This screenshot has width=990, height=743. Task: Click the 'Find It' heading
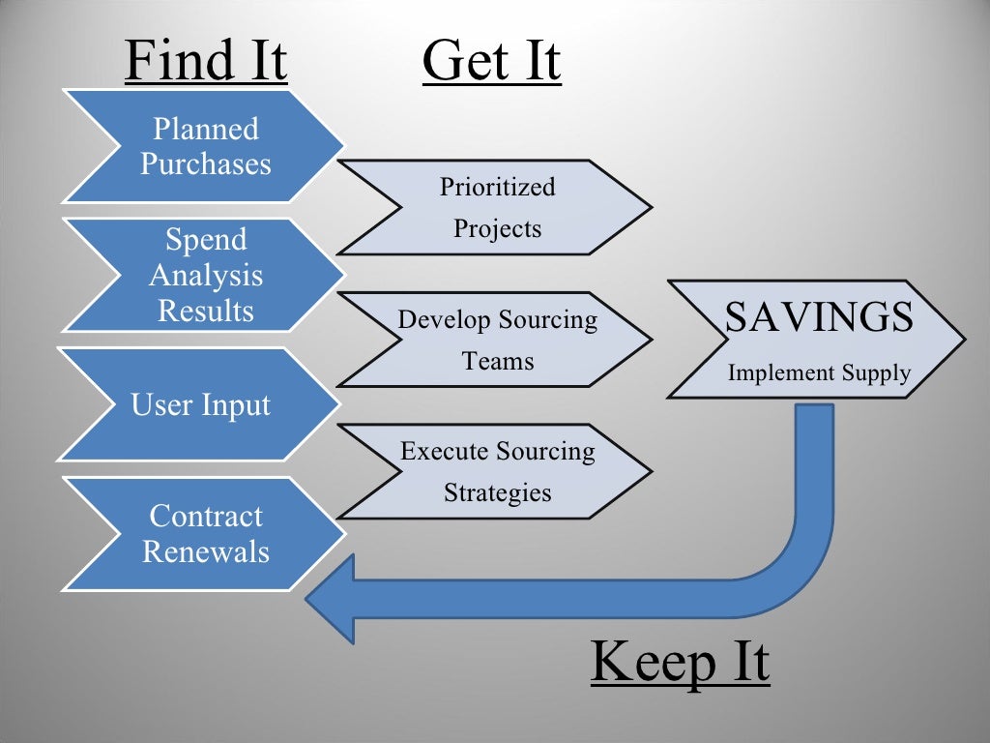pyautogui.click(x=206, y=60)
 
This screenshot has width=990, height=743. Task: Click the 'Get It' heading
pyautogui.click(x=491, y=60)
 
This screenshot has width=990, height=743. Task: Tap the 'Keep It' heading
pyautogui.click(x=680, y=662)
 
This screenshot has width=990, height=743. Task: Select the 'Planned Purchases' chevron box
pyautogui.click(x=205, y=146)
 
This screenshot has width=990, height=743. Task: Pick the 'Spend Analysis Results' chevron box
pyautogui.click(x=205, y=276)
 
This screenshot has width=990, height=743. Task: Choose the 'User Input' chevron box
pyautogui.click(x=201, y=404)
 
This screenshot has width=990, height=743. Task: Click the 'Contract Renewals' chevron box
pyautogui.click(x=205, y=534)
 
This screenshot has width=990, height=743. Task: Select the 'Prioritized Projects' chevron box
pyautogui.click(x=497, y=207)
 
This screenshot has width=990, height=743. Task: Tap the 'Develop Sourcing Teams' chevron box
pyautogui.click(x=497, y=340)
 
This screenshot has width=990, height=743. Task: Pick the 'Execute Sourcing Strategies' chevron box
pyautogui.click(x=497, y=471)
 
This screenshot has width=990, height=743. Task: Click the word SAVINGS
pyautogui.click(x=819, y=317)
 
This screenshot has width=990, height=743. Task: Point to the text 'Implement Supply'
pyautogui.click(x=819, y=372)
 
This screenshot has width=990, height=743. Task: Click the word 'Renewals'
pyautogui.click(x=206, y=551)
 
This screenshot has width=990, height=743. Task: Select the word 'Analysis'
pyautogui.click(x=206, y=276)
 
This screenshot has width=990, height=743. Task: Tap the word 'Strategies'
pyautogui.click(x=498, y=492)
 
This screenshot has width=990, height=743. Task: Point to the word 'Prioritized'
pyautogui.click(x=498, y=187)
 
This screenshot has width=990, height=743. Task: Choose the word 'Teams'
pyautogui.click(x=498, y=361)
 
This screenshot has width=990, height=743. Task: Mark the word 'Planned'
pyautogui.click(x=206, y=129)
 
